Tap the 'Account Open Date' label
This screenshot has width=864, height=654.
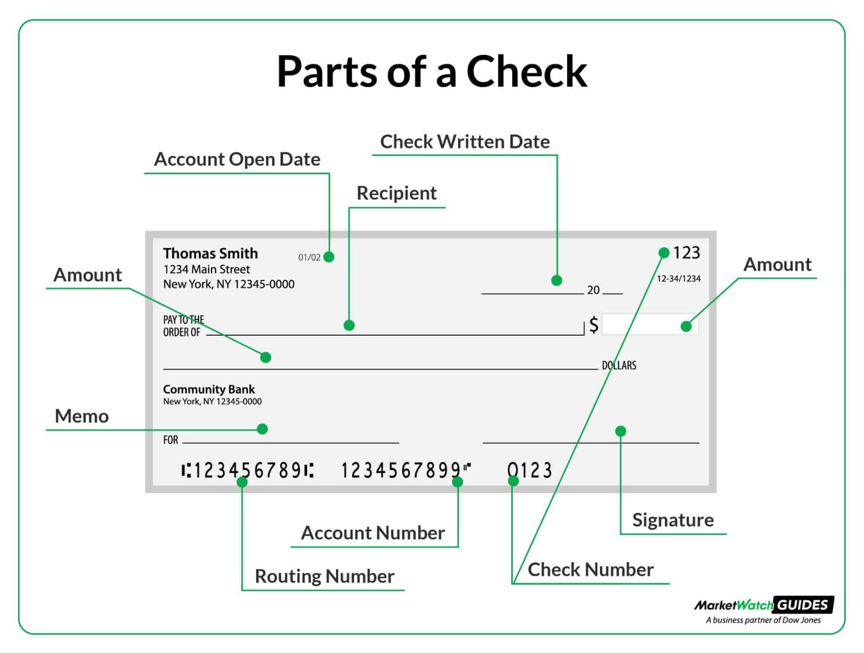click(237, 159)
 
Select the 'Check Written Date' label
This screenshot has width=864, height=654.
click(465, 142)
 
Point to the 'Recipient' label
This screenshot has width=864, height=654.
click(396, 193)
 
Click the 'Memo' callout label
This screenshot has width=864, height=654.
click(82, 416)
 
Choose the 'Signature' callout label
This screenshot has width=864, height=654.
click(673, 520)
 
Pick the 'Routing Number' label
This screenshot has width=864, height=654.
click(324, 576)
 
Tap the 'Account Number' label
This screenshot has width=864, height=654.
click(373, 533)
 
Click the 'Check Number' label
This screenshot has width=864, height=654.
click(590, 569)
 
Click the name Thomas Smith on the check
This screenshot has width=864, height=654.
click(210, 253)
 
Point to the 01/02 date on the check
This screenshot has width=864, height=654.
click(309, 257)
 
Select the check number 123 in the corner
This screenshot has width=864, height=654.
click(686, 253)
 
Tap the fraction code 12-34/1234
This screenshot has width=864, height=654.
click(678, 279)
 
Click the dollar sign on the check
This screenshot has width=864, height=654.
click(594, 324)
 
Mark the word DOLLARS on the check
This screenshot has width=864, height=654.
click(619, 365)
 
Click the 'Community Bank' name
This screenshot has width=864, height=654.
click(209, 389)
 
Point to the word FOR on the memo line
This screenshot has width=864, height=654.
click(170, 440)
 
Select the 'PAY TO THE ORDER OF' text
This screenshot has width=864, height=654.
click(183, 326)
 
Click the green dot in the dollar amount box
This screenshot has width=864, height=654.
click(686, 326)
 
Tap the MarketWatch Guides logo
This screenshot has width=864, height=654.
click(764, 610)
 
